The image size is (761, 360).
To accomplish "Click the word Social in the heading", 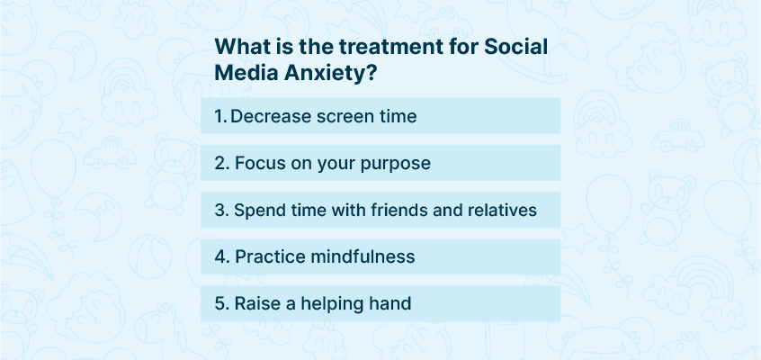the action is click(516, 47).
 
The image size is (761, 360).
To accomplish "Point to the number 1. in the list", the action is click(220, 116).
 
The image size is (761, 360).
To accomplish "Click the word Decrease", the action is click(271, 116).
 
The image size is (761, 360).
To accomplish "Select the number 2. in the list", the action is click(222, 163).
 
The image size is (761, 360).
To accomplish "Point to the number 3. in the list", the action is click(222, 210).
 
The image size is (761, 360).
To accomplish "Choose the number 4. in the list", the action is click(222, 256).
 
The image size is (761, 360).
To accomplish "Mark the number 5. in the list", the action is click(222, 303).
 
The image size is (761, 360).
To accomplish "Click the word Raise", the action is click(255, 303).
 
